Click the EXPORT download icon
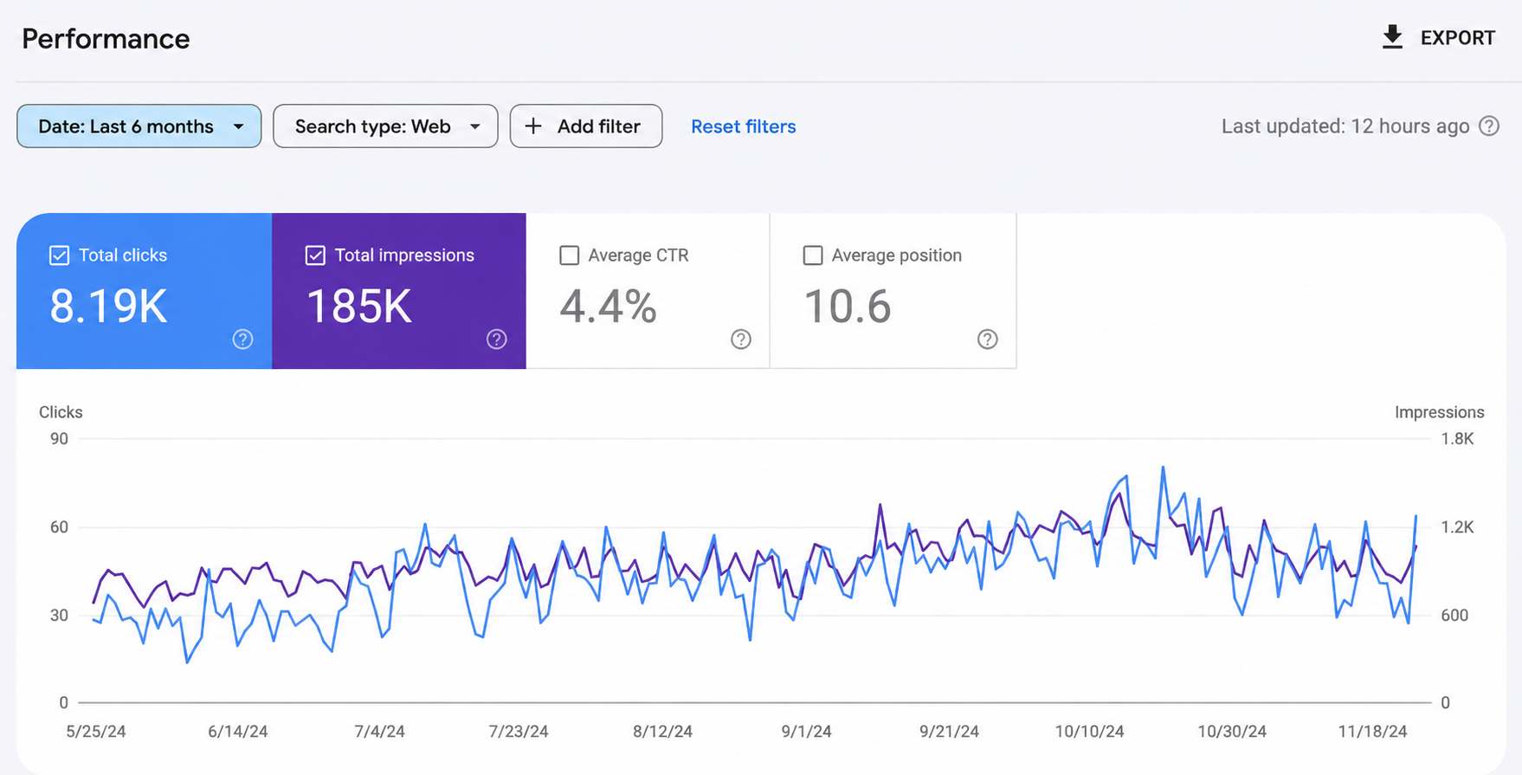(x=1392, y=37)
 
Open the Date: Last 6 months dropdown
(x=139, y=126)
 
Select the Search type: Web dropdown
(x=385, y=126)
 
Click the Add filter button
(x=586, y=126)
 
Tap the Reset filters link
(x=744, y=126)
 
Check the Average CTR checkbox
(x=570, y=255)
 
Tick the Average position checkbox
(x=813, y=255)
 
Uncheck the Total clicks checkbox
(x=59, y=255)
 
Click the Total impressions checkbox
(x=315, y=255)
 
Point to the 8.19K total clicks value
(x=108, y=307)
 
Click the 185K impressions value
(x=359, y=307)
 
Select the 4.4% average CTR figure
(x=608, y=307)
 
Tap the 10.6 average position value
(x=848, y=307)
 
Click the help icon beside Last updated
(x=1489, y=126)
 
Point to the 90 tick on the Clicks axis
(x=59, y=439)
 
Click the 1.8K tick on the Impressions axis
(x=1457, y=439)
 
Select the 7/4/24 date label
(x=379, y=732)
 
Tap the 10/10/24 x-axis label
(x=1089, y=732)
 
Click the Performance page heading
(x=106, y=39)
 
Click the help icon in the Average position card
(x=988, y=339)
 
